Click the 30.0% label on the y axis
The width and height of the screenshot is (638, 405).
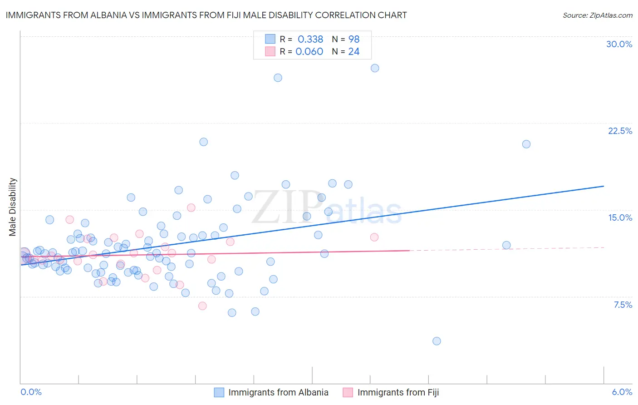[619, 44]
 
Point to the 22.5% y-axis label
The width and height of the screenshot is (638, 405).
[620, 131]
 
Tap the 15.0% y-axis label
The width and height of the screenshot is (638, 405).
[620, 217]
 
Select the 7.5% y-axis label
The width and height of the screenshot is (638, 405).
[623, 305]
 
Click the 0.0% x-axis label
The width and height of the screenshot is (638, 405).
[31, 392]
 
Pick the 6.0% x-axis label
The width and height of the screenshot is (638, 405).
[622, 392]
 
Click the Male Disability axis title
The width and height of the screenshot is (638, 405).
[13, 207]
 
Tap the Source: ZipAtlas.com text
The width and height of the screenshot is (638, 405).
[597, 15]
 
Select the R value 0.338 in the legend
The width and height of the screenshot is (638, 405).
[310, 39]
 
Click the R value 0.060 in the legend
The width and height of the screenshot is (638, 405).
[309, 51]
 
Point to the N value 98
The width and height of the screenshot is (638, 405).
[353, 39]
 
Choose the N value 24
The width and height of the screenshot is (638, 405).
[353, 51]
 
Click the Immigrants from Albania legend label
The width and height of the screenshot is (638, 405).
[278, 392]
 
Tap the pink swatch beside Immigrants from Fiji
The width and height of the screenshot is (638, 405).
[348, 392]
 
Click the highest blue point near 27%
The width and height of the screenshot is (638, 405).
[375, 68]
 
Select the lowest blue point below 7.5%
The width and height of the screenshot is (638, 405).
[437, 341]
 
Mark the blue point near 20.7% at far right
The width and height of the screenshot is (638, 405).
[526, 144]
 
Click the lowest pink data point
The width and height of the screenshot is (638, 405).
[202, 306]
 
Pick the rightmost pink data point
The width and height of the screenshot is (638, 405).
[374, 237]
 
